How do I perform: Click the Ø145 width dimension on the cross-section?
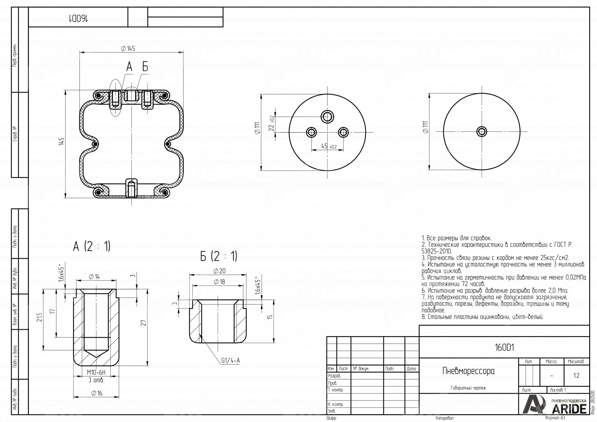[x=128, y=49]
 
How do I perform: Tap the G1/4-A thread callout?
[x=230, y=361]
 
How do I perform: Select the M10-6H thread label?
[x=96, y=372]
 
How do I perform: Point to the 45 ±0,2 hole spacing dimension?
[x=329, y=146]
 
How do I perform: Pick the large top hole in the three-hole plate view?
[x=327, y=117]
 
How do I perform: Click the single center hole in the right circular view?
[x=481, y=132]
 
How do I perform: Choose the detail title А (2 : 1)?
[x=92, y=247]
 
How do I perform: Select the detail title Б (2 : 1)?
[x=219, y=256]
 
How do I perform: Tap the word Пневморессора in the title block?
[x=468, y=371]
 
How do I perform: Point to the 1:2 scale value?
[x=576, y=376]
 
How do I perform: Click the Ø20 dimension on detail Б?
[x=219, y=271]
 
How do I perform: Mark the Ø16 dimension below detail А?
[x=97, y=393]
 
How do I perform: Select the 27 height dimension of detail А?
[x=144, y=323]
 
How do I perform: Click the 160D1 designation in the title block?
[x=504, y=348]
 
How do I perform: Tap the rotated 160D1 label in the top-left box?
[x=78, y=19]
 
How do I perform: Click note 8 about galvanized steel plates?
[x=482, y=317]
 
